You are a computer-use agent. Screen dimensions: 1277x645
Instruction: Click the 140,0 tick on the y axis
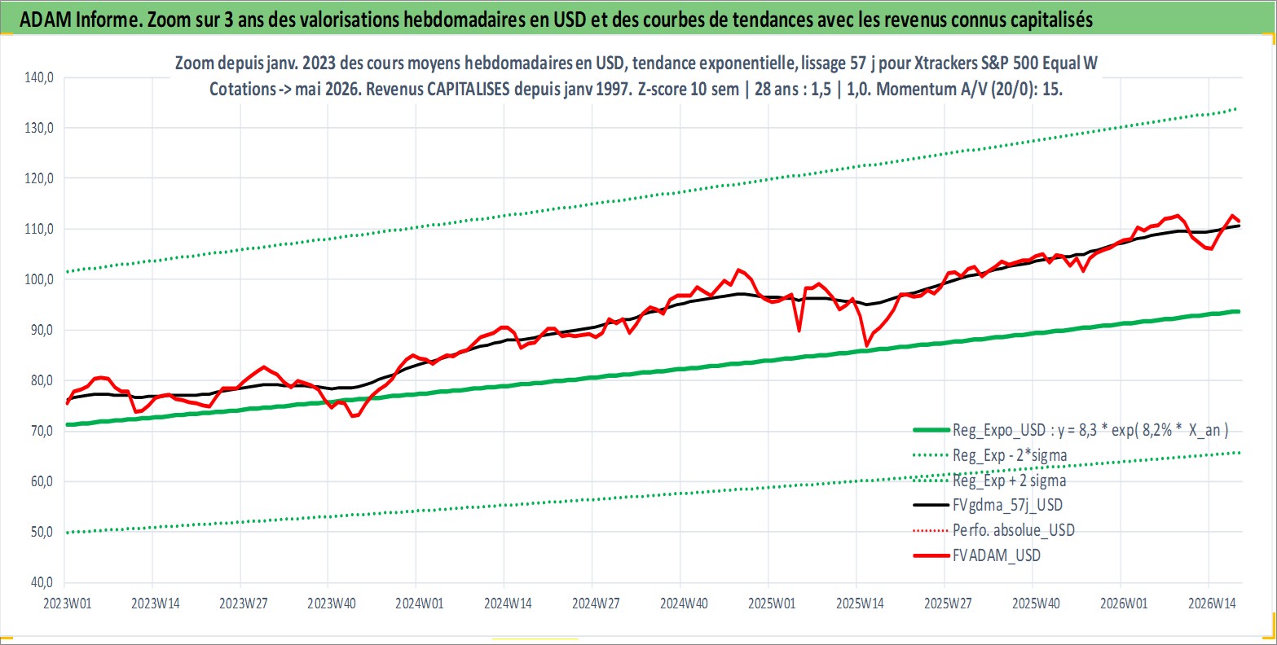pyautogui.click(x=39, y=77)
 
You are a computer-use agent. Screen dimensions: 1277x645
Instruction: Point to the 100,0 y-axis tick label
pyautogui.click(x=39, y=279)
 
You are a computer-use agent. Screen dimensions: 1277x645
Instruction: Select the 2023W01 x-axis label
pyautogui.click(x=68, y=603)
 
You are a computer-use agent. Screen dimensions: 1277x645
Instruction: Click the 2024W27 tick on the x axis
pyautogui.click(x=596, y=603)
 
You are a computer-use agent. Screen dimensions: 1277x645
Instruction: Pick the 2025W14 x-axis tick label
pyautogui.click(x=860, y=603)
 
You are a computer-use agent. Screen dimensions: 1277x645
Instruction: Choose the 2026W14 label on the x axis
pyautogui.click(x=1212, y=603)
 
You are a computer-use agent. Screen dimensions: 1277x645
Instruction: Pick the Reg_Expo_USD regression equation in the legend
pyautogui.click(x=1090, y=430)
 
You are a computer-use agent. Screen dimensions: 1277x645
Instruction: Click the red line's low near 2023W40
pyautogui.click(x=354, y=416)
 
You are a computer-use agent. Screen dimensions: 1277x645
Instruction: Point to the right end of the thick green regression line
pyautogui.click(x=1239, y=311)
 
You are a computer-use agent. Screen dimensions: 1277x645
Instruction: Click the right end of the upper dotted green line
pyautogui.click(x=1235, y=108)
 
